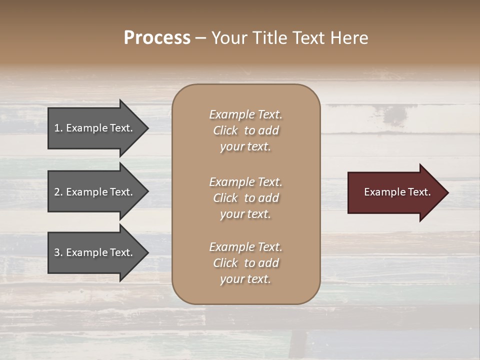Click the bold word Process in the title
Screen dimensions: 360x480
pyautogui.click(x=157, y=38)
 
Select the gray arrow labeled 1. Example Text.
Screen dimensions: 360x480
pyautogui.click(x=93, y=128)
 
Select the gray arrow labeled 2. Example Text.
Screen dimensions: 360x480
pyautogui.click(x=93, y=192)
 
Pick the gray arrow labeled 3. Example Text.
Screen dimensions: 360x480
pyautogui.click(x=93, y=252)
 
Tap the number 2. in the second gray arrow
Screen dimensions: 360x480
pyautogui.click(x=58, y=192)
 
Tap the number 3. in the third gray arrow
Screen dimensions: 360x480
pyautogui.click(x=58, y=252)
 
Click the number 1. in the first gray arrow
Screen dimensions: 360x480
pyautogui.click(x=58, y=128)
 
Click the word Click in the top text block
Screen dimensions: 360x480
pyautogui.click(x=225, y=131)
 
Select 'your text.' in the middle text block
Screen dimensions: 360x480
pyautogui.click(x=245, y=214)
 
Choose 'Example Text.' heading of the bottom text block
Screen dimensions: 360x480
pyautogui.click(x=245, y=247)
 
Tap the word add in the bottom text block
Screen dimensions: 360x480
pyautogui.click(x=269, y=263)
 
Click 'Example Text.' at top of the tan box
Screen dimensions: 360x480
pyautogui.click(x=245, y=114)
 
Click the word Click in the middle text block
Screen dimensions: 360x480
pyautogui.click(x=225, y=198)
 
